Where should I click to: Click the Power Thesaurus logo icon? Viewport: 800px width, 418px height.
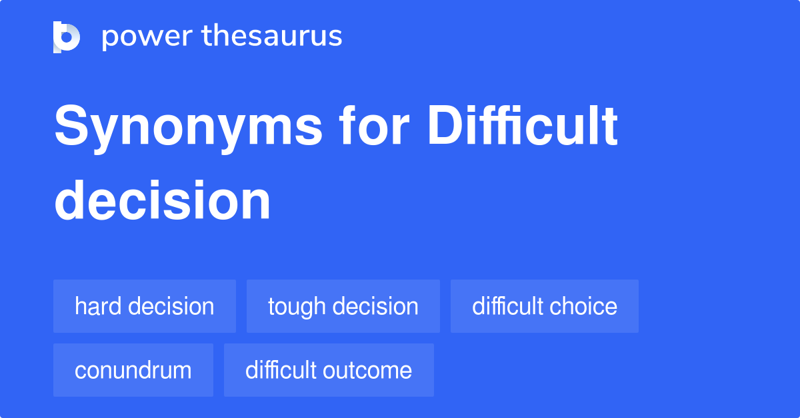(67, 37)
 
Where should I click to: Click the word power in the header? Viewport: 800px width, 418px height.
(147, 37)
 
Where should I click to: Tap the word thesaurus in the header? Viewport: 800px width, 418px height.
(272, 35)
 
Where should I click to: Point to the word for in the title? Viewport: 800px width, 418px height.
(374, 125)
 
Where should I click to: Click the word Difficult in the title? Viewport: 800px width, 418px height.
(523, 125)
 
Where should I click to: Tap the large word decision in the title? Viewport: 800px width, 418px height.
(162, 200)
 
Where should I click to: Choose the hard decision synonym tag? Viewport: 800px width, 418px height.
(145, 306)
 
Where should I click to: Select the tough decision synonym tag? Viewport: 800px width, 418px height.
(343, 306)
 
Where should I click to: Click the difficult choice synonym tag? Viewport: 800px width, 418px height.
(545, 306)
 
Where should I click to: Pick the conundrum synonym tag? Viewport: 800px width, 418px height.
(133, 370)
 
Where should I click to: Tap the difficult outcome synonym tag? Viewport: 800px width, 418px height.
(329, 370)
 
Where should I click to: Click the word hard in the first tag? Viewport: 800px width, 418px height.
(98, 306)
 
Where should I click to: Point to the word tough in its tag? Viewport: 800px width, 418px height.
(297, 308)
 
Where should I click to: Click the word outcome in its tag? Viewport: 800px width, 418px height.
(367, 371)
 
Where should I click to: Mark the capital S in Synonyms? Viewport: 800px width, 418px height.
(71, 125)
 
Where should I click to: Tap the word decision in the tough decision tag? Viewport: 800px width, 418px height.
(375, 306)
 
